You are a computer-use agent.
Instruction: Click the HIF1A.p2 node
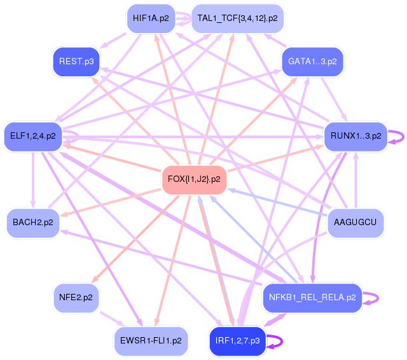pos(151,18)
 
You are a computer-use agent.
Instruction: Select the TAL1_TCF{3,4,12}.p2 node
pos(237,18)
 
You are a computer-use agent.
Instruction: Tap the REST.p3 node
pos(76,62)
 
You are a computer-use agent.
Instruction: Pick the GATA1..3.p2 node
pos(312,62)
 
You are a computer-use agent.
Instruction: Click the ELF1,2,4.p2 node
pos(33,136)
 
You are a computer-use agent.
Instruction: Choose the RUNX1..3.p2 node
pos(356,136)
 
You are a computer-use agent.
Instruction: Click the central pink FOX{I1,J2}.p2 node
pos(194,179)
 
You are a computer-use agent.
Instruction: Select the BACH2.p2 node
pos(33,223)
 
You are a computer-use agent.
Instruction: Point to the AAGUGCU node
pos(355,223)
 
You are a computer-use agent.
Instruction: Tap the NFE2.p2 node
pos(76,298)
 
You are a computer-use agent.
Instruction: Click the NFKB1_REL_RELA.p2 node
pos(312,298)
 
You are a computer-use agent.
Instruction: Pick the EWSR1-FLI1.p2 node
pos(151,340)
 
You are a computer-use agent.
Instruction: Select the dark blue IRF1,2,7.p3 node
pos(237,340)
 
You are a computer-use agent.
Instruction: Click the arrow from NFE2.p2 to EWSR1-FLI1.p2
pos(112,319)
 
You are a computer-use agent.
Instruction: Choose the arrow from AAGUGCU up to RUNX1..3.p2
pos(356,179)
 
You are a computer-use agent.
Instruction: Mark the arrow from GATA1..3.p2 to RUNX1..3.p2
pos(335,99)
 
